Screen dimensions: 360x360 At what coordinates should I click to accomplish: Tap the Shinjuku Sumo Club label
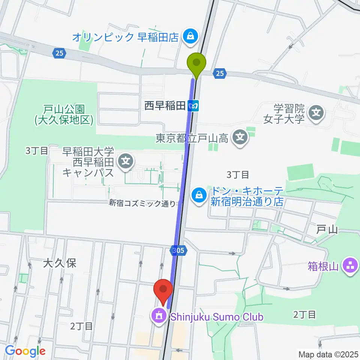point(217,317)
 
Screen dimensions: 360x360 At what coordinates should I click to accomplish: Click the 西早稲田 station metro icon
point(193,106)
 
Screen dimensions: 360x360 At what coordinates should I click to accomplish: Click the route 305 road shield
point(178,250)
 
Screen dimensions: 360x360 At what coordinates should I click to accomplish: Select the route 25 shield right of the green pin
point(220,73)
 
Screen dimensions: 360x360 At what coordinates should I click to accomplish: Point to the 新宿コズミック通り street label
point(142,204)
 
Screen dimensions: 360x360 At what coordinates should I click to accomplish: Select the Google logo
point(25,351)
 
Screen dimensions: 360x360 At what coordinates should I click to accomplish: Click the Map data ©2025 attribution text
point(328,354)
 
